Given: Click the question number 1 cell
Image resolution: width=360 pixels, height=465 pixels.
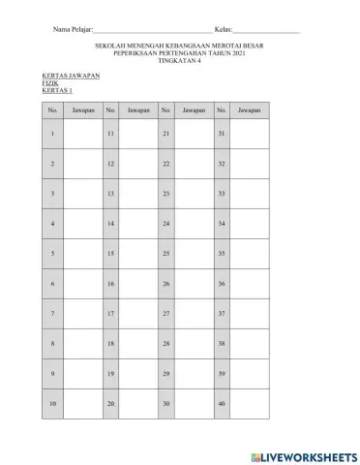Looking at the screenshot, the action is [52, 133].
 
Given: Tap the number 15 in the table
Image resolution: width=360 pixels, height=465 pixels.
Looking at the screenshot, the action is [111, 254].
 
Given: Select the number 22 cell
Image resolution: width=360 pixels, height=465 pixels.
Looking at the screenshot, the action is [166, 164].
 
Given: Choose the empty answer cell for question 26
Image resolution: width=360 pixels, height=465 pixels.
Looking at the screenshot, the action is [194, 284].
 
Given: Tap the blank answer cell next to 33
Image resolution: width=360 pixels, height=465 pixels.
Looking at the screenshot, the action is [251, 194].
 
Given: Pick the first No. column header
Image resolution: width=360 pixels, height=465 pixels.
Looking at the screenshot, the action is [52, 110].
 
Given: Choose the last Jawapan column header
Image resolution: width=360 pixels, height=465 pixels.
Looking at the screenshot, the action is [249, 110].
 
